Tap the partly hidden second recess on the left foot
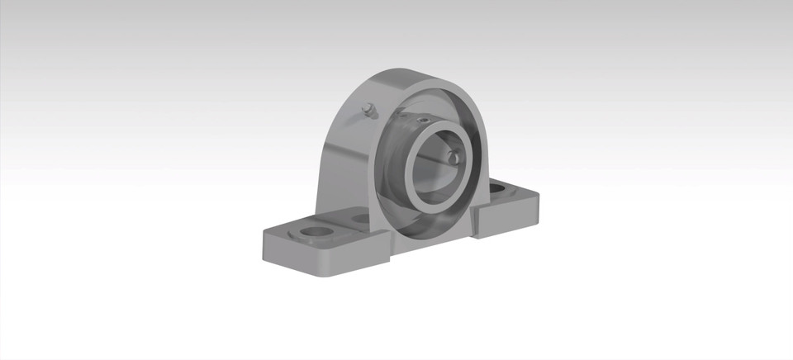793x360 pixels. click(x=360, y=219)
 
